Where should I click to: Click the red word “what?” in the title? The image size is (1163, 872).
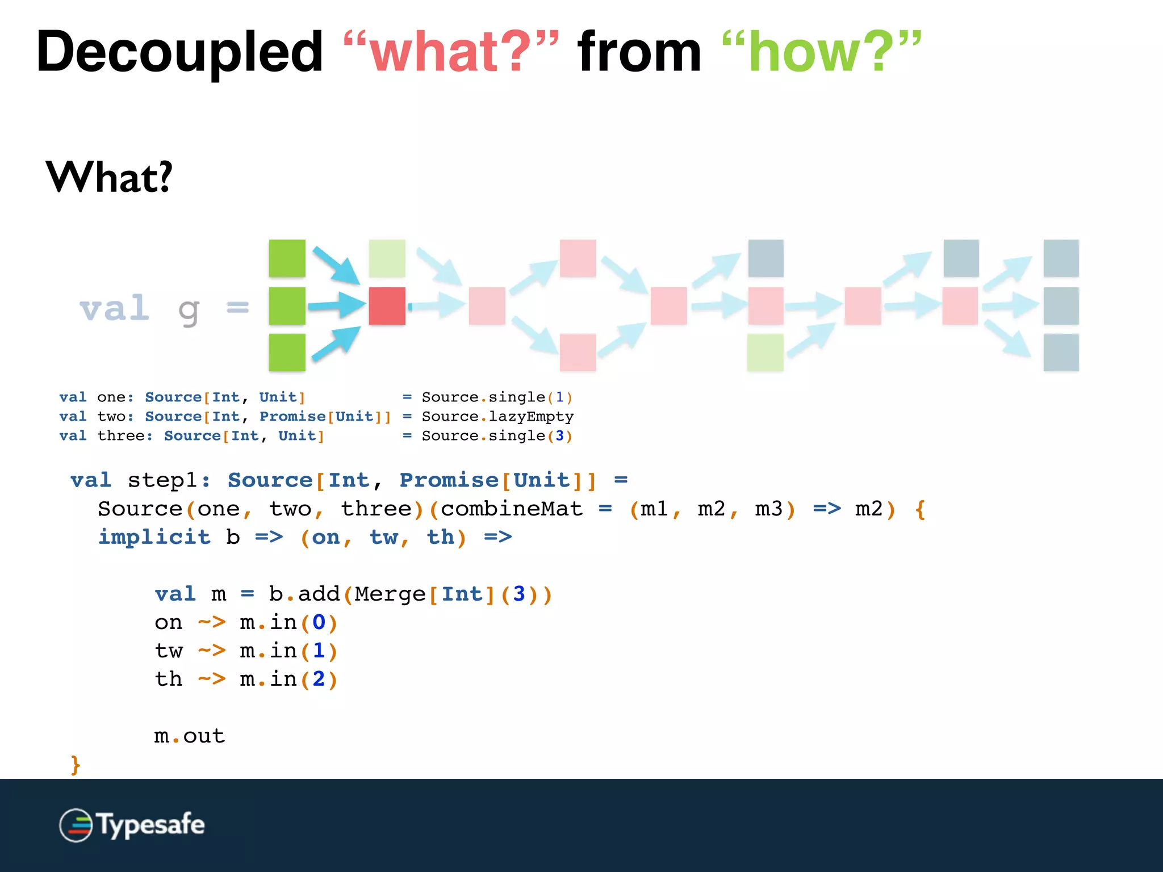(451, 52)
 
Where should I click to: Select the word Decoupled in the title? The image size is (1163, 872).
(179, 52)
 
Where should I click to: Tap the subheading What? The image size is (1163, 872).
(109, 177)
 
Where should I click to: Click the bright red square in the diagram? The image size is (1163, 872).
(387, 306)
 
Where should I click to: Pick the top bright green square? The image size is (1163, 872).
(287, 258)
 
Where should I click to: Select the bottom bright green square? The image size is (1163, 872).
(287, 353)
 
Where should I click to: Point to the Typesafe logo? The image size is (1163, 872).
(132, 825)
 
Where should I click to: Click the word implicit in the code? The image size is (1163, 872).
(154, 537)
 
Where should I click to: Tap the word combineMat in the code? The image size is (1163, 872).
(511, 509)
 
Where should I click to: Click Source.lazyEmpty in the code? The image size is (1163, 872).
(497, 417)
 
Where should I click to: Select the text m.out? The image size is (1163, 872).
(190, 736)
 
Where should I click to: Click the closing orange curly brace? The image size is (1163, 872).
(75, 765)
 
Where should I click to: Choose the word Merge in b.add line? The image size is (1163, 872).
(390, 594)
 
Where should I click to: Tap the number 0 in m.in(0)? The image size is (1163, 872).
(319, 623)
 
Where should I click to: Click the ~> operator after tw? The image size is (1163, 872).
(211, 651)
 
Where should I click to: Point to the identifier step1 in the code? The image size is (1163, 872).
(162, 480)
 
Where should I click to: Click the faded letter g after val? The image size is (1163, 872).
(189, 311)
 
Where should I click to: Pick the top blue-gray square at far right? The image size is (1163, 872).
(1061, 258)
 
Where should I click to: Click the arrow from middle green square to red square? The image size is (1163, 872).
(337, 305)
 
